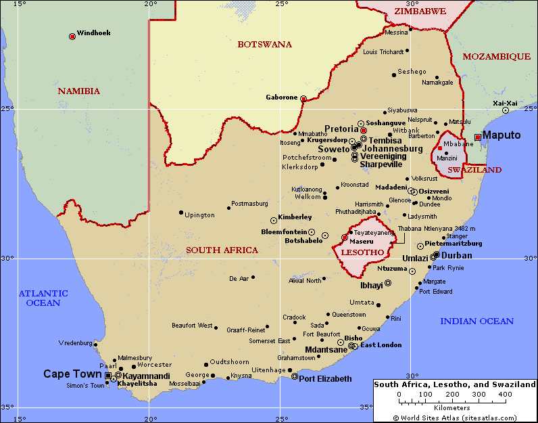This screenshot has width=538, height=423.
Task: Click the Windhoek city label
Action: [93, 32]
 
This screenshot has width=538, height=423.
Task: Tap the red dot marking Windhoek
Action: [72, 37]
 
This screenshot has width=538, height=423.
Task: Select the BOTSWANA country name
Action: [264, 45]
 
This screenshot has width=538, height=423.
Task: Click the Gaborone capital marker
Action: [303, 99]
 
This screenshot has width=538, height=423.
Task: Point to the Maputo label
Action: [502, 135]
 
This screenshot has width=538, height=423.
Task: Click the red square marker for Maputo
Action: [478, 137]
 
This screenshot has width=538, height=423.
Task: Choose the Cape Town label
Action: [74, 374]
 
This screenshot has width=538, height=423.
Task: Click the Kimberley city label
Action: [295, 217]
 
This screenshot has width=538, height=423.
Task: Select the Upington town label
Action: [199, 215]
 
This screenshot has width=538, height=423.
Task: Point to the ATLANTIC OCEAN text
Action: [43, 298]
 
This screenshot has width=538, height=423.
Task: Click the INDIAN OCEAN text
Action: [476, 321]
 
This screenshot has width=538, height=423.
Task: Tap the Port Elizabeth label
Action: [325, 378]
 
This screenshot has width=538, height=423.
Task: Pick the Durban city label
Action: [456, 255]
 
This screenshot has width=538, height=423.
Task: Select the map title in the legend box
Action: [455, 384]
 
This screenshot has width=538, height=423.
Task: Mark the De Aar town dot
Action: [253, 277]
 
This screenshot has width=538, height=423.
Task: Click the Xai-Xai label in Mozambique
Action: [505, 103]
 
